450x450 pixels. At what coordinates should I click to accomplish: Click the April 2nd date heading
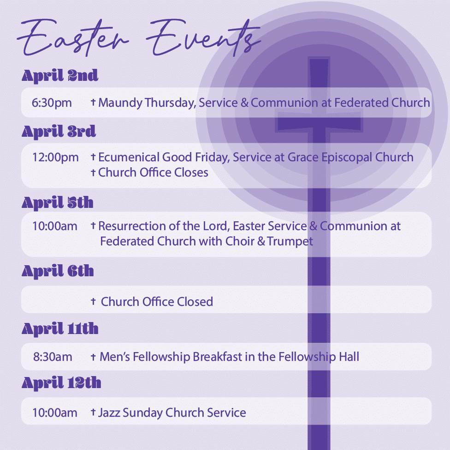(60, 76)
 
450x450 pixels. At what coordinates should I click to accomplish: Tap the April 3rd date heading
(59, 132)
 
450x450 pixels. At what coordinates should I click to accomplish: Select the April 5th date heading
(58, 203)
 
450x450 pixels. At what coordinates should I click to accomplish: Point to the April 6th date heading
(58, 271)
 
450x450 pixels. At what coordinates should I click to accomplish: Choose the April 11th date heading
(60, 328)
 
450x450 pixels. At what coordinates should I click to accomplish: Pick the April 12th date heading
(61, 383)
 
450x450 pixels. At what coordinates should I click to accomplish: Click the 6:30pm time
(52, 103)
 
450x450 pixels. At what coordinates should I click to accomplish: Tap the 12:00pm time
(55, 158)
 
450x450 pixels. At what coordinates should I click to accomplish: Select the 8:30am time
(53, 357)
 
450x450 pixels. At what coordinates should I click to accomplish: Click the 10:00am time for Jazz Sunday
(55, 413)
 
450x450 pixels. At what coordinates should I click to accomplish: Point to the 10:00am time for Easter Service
(55, 226)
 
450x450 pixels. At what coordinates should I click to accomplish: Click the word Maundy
(120, 103)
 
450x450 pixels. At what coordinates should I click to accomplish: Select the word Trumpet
(290, 242)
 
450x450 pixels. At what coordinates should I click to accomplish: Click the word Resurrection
(132, 226)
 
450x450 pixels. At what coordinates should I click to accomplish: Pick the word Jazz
(109, 413)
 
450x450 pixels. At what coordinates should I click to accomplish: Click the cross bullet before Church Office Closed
(93, 301)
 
